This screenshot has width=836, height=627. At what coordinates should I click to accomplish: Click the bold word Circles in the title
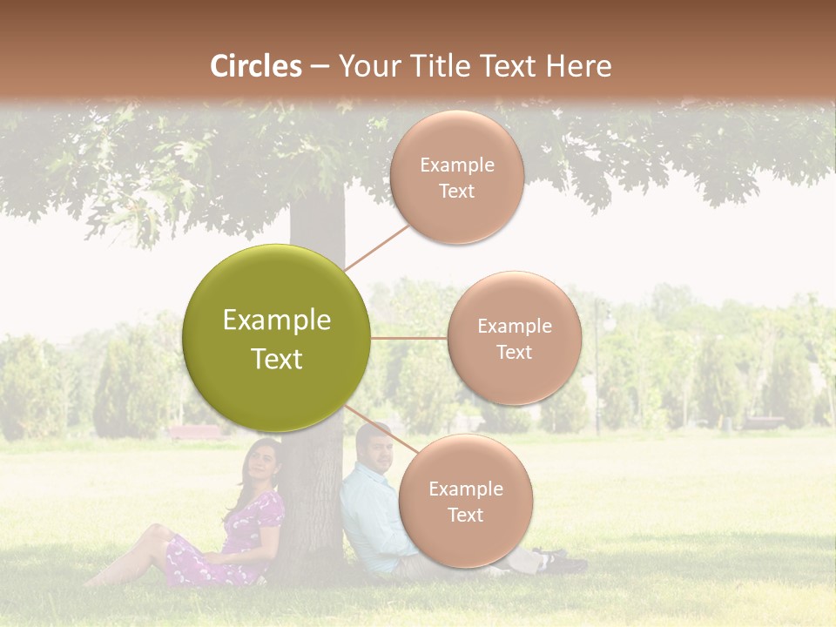click(256, 66)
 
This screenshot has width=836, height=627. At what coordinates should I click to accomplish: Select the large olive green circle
click(277, 338)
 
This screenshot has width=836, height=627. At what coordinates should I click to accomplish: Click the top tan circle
click(456, 177)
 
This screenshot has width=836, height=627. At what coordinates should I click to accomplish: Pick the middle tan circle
click(514, 338)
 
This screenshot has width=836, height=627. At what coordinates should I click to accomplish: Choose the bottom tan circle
click(465, 501)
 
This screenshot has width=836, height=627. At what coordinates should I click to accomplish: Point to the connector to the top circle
click(376, 246)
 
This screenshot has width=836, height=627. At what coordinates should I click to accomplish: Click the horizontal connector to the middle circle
click(408, 338)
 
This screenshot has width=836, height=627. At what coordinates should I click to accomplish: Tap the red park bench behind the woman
click(195, 432)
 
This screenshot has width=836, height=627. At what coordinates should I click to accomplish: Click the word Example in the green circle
click(277, 320)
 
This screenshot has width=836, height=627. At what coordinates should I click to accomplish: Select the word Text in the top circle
click(456, 191)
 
